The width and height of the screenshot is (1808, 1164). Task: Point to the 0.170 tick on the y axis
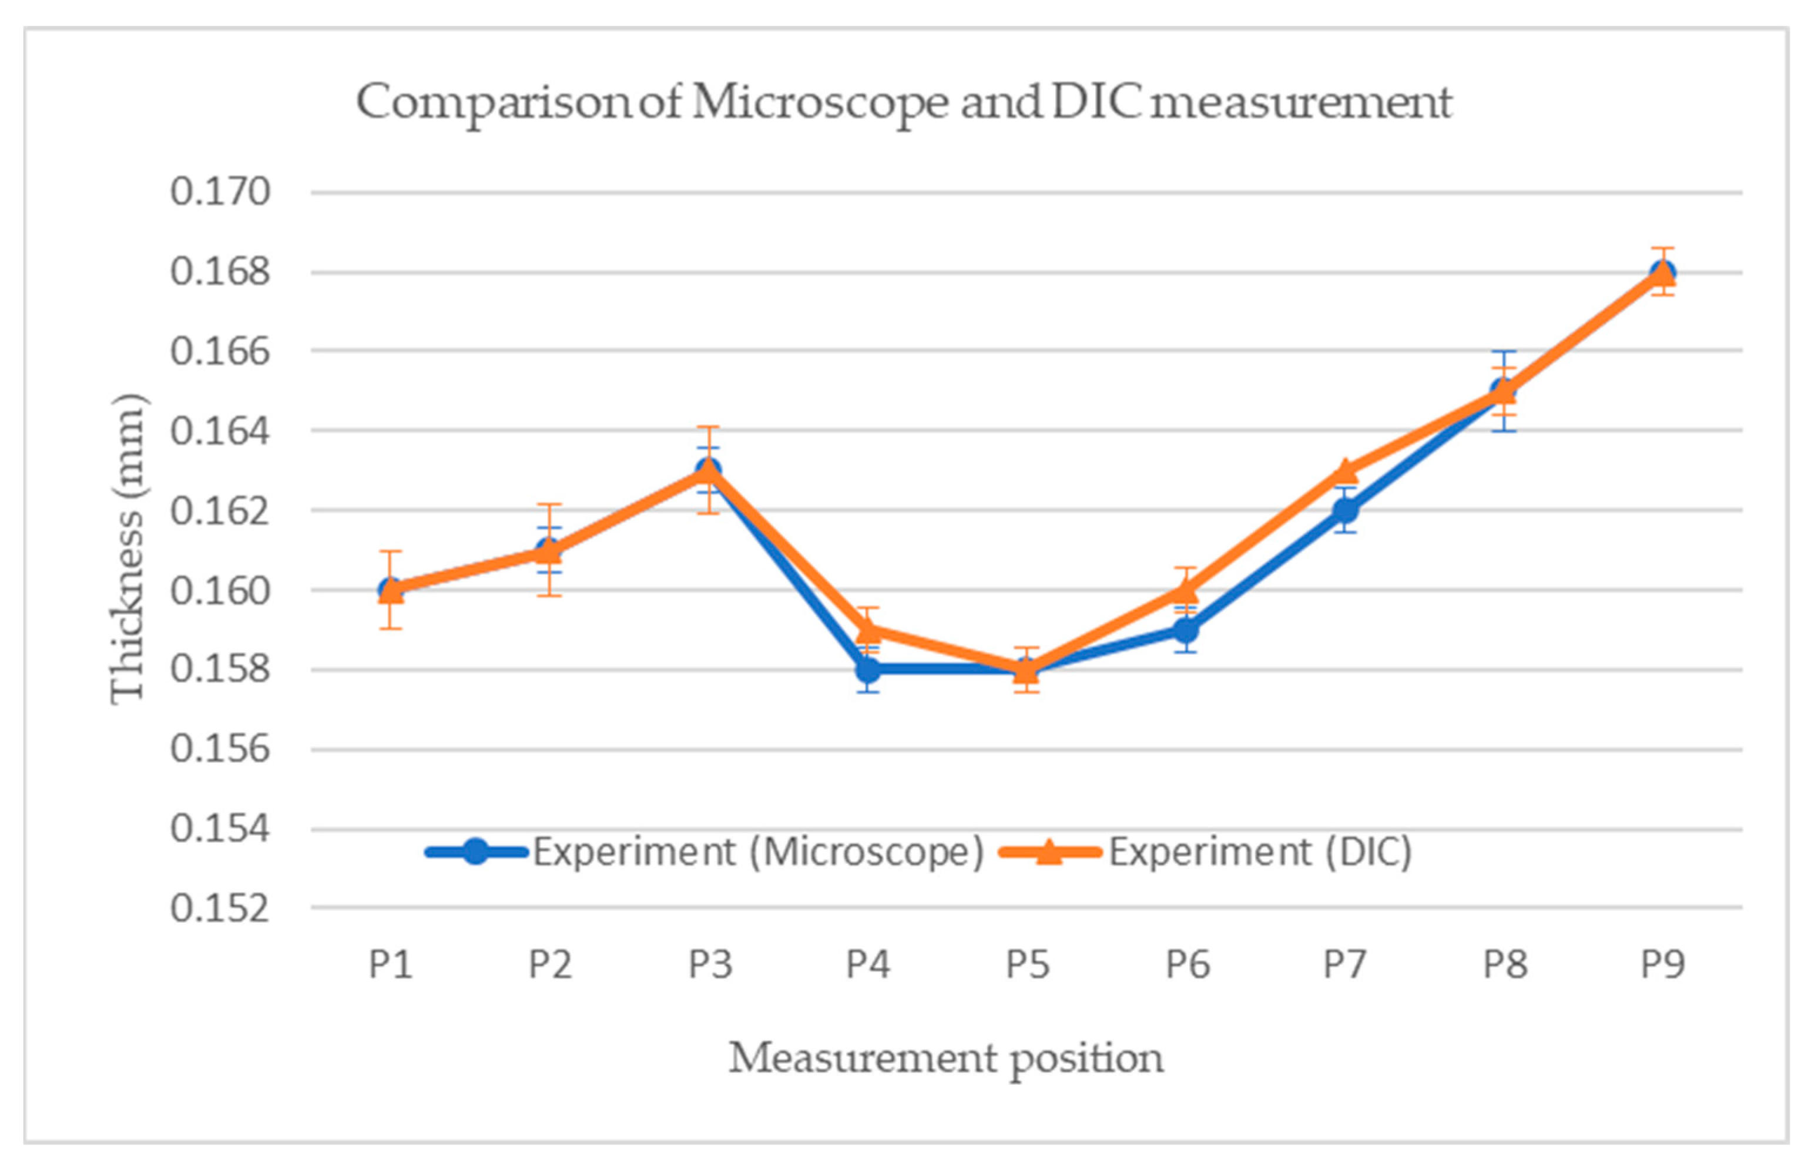click(x=220, y=192)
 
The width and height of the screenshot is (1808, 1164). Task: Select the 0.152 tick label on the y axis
click(x=220, y=909)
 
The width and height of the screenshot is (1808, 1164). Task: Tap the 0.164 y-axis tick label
click(x=220, y=432)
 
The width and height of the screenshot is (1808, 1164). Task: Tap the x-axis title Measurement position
click(x=946, y=1059)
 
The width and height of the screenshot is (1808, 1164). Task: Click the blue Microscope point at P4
click(x=869, y=670)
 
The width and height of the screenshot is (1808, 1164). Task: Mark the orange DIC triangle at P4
click(x=869, y=629)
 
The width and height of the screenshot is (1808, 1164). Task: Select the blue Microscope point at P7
click(x=1345, y=510)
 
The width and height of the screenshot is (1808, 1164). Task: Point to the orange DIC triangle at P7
click(x=1345, y=471)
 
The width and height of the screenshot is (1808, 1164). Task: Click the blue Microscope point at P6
click(x=1186, y=630)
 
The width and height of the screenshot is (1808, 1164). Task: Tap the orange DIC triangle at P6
click(x=1186, y=589)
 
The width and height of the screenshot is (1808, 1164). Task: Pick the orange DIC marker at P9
click(x=1662, y=273)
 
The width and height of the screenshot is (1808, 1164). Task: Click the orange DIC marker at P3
click(x=709, y=471)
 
